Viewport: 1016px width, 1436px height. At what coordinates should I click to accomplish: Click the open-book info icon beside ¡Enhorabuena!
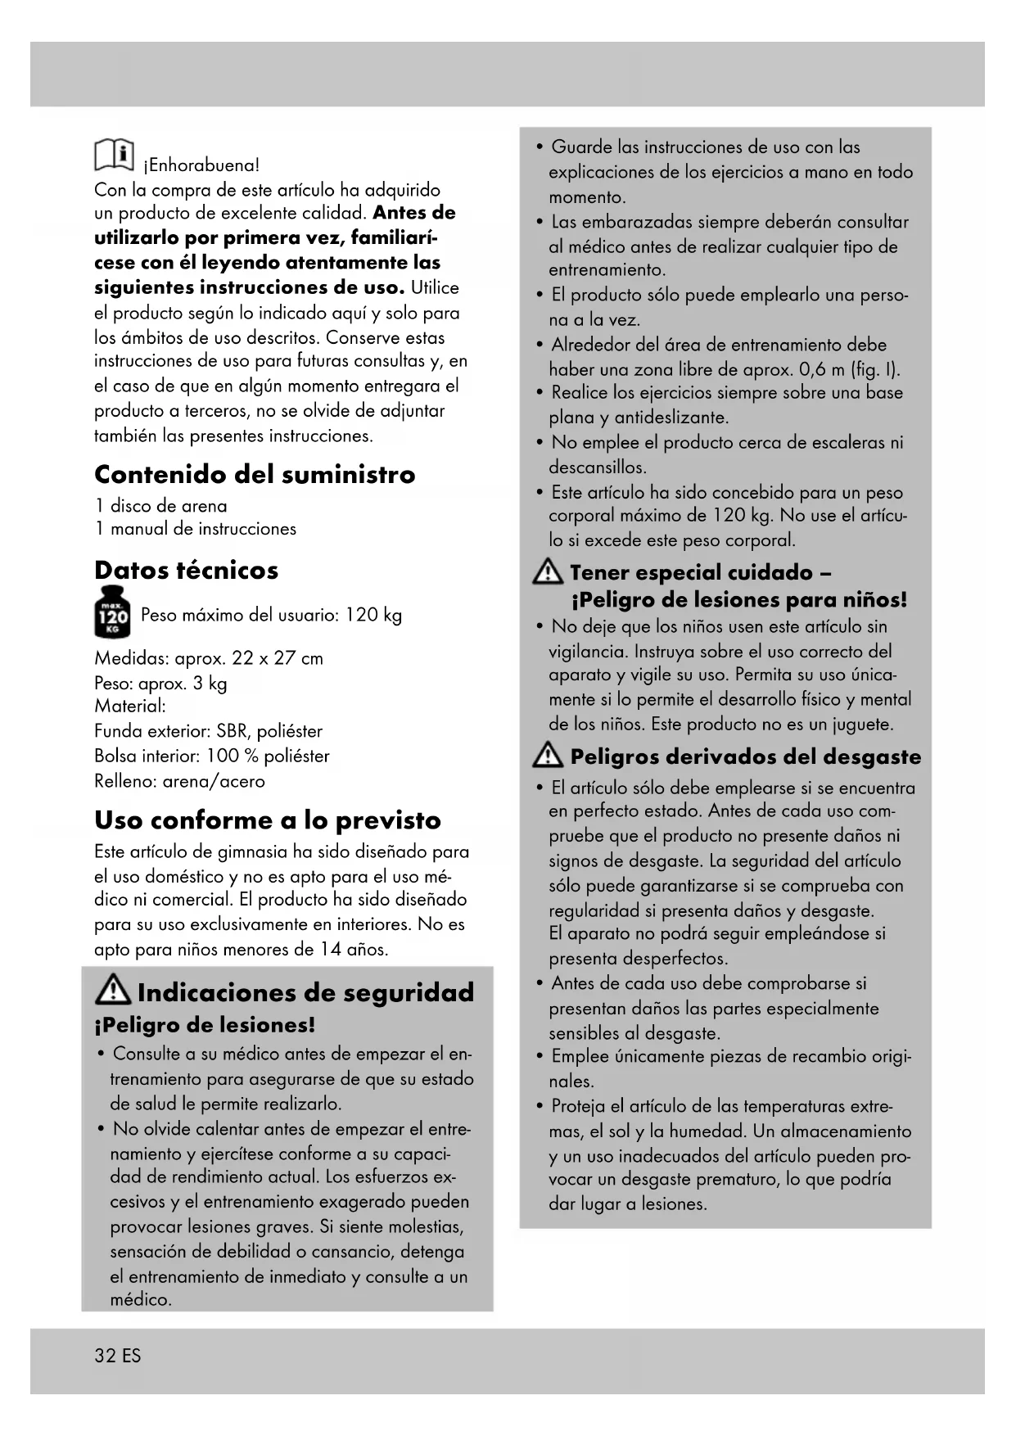tap(114, 154)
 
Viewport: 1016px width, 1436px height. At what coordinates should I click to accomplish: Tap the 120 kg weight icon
tap(112, 613)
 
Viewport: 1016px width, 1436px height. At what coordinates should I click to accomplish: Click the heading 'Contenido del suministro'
tap(255, 474)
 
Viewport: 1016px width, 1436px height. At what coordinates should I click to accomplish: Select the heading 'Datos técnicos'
tap(186, 570)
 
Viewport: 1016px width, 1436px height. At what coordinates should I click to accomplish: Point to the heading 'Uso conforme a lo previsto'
tap(267, 820)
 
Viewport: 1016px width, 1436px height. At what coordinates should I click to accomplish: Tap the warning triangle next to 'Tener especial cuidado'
tap(547, 573)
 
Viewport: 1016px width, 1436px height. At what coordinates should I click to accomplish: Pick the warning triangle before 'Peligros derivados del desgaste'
tap(547, 756)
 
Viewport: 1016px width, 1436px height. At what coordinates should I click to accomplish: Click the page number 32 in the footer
tap(105, 1355)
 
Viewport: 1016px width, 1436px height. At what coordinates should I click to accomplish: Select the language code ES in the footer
tap(132, 1355)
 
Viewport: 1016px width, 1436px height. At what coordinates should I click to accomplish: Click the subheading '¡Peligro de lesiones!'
tap(205, 1025)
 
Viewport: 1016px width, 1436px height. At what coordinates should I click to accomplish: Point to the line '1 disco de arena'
tap(160, 505)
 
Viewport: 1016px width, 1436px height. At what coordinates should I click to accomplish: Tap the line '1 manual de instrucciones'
tap(195, 529)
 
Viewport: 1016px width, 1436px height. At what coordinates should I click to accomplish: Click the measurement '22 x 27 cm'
tap(277, 658)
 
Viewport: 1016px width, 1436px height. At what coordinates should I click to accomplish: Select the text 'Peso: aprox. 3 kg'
tap(160, 683)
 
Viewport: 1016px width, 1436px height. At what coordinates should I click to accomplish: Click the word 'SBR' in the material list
tap(233, 731)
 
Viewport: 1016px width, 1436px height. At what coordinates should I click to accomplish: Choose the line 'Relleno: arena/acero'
tap(179, 781)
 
